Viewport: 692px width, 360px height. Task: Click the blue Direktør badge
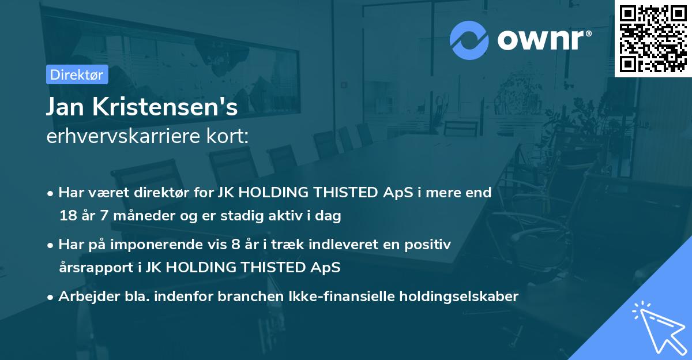[x=77, y=74]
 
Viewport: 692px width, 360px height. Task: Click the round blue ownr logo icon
[x=469, y=40]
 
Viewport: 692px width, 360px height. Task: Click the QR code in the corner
[x=653, y=39]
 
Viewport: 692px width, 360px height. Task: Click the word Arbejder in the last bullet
[x=83, y=297]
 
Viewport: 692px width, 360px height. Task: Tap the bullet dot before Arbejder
[x=51, y=297]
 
